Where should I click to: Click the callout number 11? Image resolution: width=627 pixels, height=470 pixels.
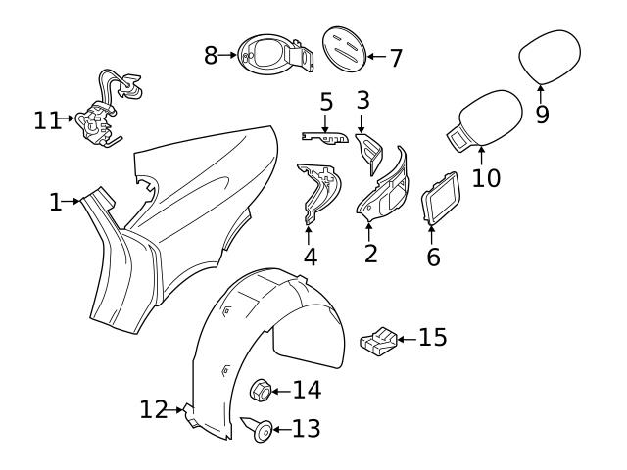point(46,120)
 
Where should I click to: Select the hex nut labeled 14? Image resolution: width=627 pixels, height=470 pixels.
point(262,389)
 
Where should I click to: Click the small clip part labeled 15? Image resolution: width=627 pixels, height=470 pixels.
point(378,342)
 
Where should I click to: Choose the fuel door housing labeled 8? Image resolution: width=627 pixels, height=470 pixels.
point(269,56)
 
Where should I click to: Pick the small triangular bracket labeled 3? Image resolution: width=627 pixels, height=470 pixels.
point(368,146)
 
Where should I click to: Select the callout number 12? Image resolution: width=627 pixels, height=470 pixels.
point(153,410)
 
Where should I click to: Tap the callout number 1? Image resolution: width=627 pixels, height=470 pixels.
point(55,203)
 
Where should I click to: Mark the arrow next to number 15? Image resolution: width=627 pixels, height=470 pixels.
point(406,338)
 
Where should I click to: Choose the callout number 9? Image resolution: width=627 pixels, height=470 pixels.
point(542,115)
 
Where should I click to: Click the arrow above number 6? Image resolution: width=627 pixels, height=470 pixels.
point(432,235)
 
